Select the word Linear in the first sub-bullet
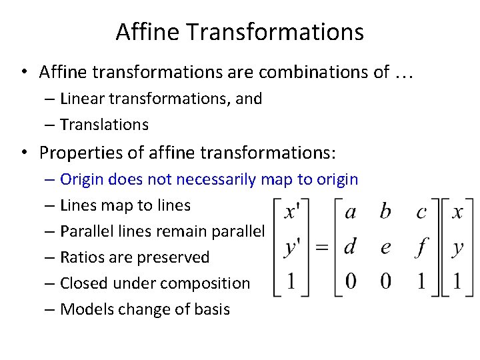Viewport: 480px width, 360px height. (x=80, y=99)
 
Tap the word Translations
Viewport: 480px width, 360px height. (x=104, y=125)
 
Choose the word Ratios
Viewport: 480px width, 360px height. (x=80, y=257)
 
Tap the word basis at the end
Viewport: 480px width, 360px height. (x=212, y=309)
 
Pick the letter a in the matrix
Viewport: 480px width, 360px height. (x=350, y=212)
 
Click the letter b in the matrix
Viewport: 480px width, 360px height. (x=385, y=212)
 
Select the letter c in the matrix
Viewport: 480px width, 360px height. (x=421, y=213)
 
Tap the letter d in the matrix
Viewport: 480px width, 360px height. (x=350, y=246)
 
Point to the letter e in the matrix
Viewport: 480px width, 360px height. (x=385, y=247)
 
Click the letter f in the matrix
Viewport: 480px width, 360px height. (x=421, y=247)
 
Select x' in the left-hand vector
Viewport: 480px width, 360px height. (x=292, y=212)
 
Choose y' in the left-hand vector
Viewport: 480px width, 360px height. (x=292, y=247)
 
